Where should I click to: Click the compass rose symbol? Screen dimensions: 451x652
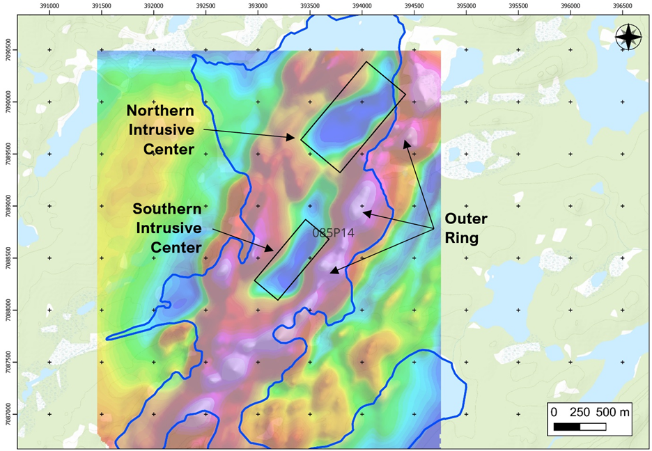click(628, 37)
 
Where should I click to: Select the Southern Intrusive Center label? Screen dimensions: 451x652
click(167, 228)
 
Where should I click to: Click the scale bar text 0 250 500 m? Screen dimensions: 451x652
click(590, 411)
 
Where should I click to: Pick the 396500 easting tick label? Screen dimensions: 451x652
click(621, 6)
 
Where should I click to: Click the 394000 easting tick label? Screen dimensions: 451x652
click(362, 6)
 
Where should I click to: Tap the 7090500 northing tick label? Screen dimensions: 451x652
click(6, 49)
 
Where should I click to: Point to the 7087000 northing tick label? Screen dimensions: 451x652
click(6, 413)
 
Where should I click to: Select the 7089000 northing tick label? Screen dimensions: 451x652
click(6, 206)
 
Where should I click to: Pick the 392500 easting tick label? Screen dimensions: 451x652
click(205, 6)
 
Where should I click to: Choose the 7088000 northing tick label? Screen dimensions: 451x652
click(6, 310)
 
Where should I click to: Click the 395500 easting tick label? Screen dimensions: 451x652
click(518, 6)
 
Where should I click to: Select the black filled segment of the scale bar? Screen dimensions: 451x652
click(566, 426)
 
